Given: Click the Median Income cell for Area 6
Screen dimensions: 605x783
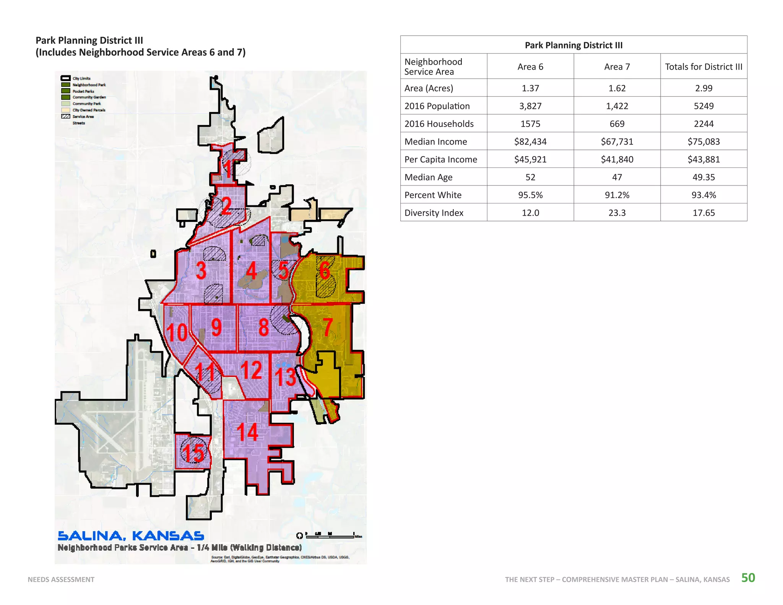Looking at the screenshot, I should point(530,141).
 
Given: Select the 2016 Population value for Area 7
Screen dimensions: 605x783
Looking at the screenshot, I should point(617,106).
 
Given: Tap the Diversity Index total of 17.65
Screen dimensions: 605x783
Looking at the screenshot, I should point(703,213).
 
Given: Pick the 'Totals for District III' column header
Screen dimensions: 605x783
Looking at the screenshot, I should point(703,67).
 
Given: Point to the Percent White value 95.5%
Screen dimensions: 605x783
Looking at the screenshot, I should point(530,195).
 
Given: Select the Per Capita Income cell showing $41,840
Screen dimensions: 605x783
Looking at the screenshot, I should point(617,159).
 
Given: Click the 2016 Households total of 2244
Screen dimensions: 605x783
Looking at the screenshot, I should point(703,124).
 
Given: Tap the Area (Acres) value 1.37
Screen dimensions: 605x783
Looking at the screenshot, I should point(530,88).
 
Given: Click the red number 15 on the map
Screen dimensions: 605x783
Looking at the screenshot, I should point(193,452).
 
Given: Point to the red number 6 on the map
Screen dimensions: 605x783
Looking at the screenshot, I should point(325,270).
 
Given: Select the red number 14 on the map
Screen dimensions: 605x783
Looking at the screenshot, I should point(247,432).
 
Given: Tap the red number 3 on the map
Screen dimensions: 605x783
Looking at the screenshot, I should point(201,270).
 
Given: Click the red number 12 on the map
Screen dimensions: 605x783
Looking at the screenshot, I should point(251,370).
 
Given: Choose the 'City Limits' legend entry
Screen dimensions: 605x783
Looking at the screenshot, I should point(81,78).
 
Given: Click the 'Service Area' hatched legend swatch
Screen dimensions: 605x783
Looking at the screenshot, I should point(66,116).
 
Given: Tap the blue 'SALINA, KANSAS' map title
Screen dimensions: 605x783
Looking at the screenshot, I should point(131,536).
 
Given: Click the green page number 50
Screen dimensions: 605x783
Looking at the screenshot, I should point(748,577).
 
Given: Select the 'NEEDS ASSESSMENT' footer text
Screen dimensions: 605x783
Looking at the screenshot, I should point(61,579).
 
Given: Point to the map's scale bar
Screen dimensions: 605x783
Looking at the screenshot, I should point(330,536).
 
